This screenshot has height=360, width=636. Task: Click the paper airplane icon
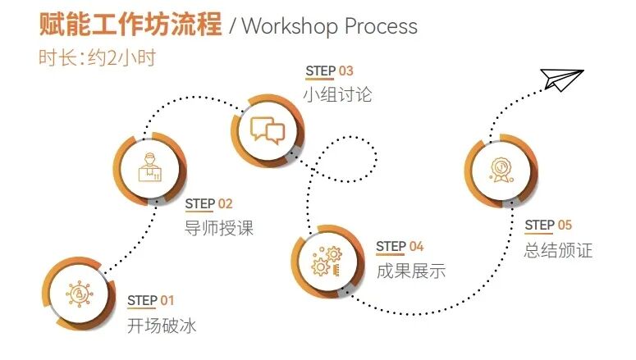(562, 80)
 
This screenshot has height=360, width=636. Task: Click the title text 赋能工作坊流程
(130, 25)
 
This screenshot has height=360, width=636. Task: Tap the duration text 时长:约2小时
(97, 58)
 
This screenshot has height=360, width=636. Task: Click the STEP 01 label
(151, 300)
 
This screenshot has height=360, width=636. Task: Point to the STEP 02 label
(208, 203)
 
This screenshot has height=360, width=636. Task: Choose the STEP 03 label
(329, 71)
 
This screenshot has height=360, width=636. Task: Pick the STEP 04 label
(400, 246)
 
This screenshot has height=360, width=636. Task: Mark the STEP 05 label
(548, 225)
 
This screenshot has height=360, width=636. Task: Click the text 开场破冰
(162, 326)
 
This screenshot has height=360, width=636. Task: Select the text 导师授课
(219, 228)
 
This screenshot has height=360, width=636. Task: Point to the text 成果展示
(410, 271)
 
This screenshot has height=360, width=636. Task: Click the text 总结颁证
(558, 250)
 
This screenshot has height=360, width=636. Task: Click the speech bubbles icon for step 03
(268, 130)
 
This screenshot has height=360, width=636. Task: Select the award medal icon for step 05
(501, 170)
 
